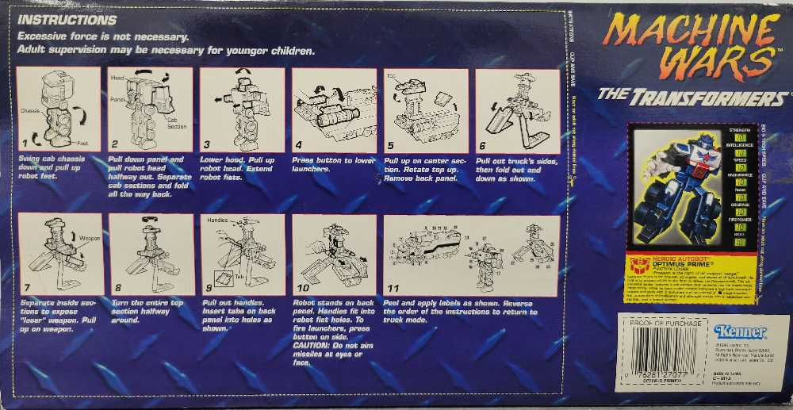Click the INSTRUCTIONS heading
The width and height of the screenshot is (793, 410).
pos(67,20)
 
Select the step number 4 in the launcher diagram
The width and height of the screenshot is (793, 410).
pos(298,145)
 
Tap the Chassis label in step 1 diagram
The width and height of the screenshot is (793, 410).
pos(30,111)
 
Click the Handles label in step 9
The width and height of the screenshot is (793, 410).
pos(216,219)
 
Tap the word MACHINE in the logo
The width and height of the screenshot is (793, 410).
pos(688,33)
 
